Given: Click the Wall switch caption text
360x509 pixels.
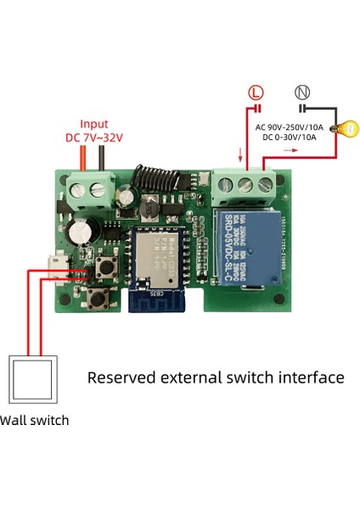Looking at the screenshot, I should click(x=34, y=420).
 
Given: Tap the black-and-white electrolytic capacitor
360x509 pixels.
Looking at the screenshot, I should click(x=82, y=231).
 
